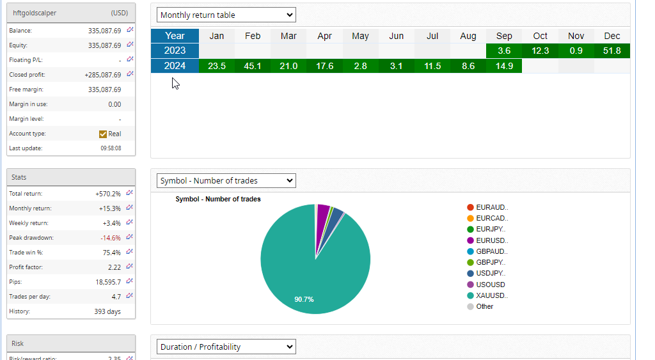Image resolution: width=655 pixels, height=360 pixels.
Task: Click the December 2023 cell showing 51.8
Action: (612, 51)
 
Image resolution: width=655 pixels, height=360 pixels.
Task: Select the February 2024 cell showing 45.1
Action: (253, 66)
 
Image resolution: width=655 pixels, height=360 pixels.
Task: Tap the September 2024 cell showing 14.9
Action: (504, 66)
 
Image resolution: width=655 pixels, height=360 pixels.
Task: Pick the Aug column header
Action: (468, 36)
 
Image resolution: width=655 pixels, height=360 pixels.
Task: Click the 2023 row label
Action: (175, 51)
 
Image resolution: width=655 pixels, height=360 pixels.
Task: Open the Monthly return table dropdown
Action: (226, 15)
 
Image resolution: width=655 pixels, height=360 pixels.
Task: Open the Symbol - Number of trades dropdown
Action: (226, 181)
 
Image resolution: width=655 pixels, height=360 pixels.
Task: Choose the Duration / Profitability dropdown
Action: (226, 347)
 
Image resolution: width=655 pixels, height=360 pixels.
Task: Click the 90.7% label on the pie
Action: (304, 299)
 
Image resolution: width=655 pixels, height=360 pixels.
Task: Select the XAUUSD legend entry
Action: (491, 295)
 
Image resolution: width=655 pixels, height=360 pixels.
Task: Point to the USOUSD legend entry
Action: (490, 285)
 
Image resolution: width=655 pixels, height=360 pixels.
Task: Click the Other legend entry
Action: (484, 306)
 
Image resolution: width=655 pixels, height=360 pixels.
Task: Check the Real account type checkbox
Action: (103, 134)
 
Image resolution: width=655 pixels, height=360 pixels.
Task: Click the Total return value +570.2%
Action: (107, 193)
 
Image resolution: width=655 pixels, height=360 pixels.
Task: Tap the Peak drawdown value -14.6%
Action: (109, 238)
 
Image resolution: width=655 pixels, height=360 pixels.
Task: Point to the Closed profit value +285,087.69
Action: (102, 75)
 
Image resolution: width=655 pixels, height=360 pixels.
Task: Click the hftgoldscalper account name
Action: (35, 13)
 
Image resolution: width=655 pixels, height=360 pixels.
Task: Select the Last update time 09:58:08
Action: (111, 148)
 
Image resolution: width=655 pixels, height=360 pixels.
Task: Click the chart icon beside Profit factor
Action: (130, 266)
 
